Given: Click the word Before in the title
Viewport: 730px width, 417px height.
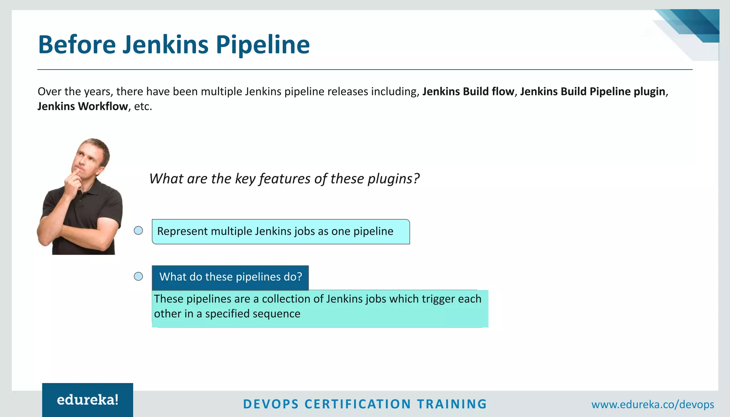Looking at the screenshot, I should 77,45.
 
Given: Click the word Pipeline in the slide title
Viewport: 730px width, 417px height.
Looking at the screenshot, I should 263,45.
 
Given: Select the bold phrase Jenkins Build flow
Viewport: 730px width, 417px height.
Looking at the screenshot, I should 468,92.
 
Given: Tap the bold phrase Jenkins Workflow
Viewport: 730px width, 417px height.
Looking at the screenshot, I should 83,106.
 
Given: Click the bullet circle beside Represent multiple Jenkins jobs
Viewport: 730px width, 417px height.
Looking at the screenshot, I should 138,230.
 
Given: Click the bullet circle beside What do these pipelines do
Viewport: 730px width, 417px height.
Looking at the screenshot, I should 138,276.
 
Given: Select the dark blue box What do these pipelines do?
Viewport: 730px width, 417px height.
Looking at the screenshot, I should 230,277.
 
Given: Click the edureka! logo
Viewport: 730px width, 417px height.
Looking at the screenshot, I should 88,400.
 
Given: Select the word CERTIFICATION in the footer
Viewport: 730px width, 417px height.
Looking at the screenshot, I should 358,404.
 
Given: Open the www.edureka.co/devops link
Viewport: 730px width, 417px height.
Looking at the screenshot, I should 653,405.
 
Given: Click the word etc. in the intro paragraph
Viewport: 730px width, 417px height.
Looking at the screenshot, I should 143,106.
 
